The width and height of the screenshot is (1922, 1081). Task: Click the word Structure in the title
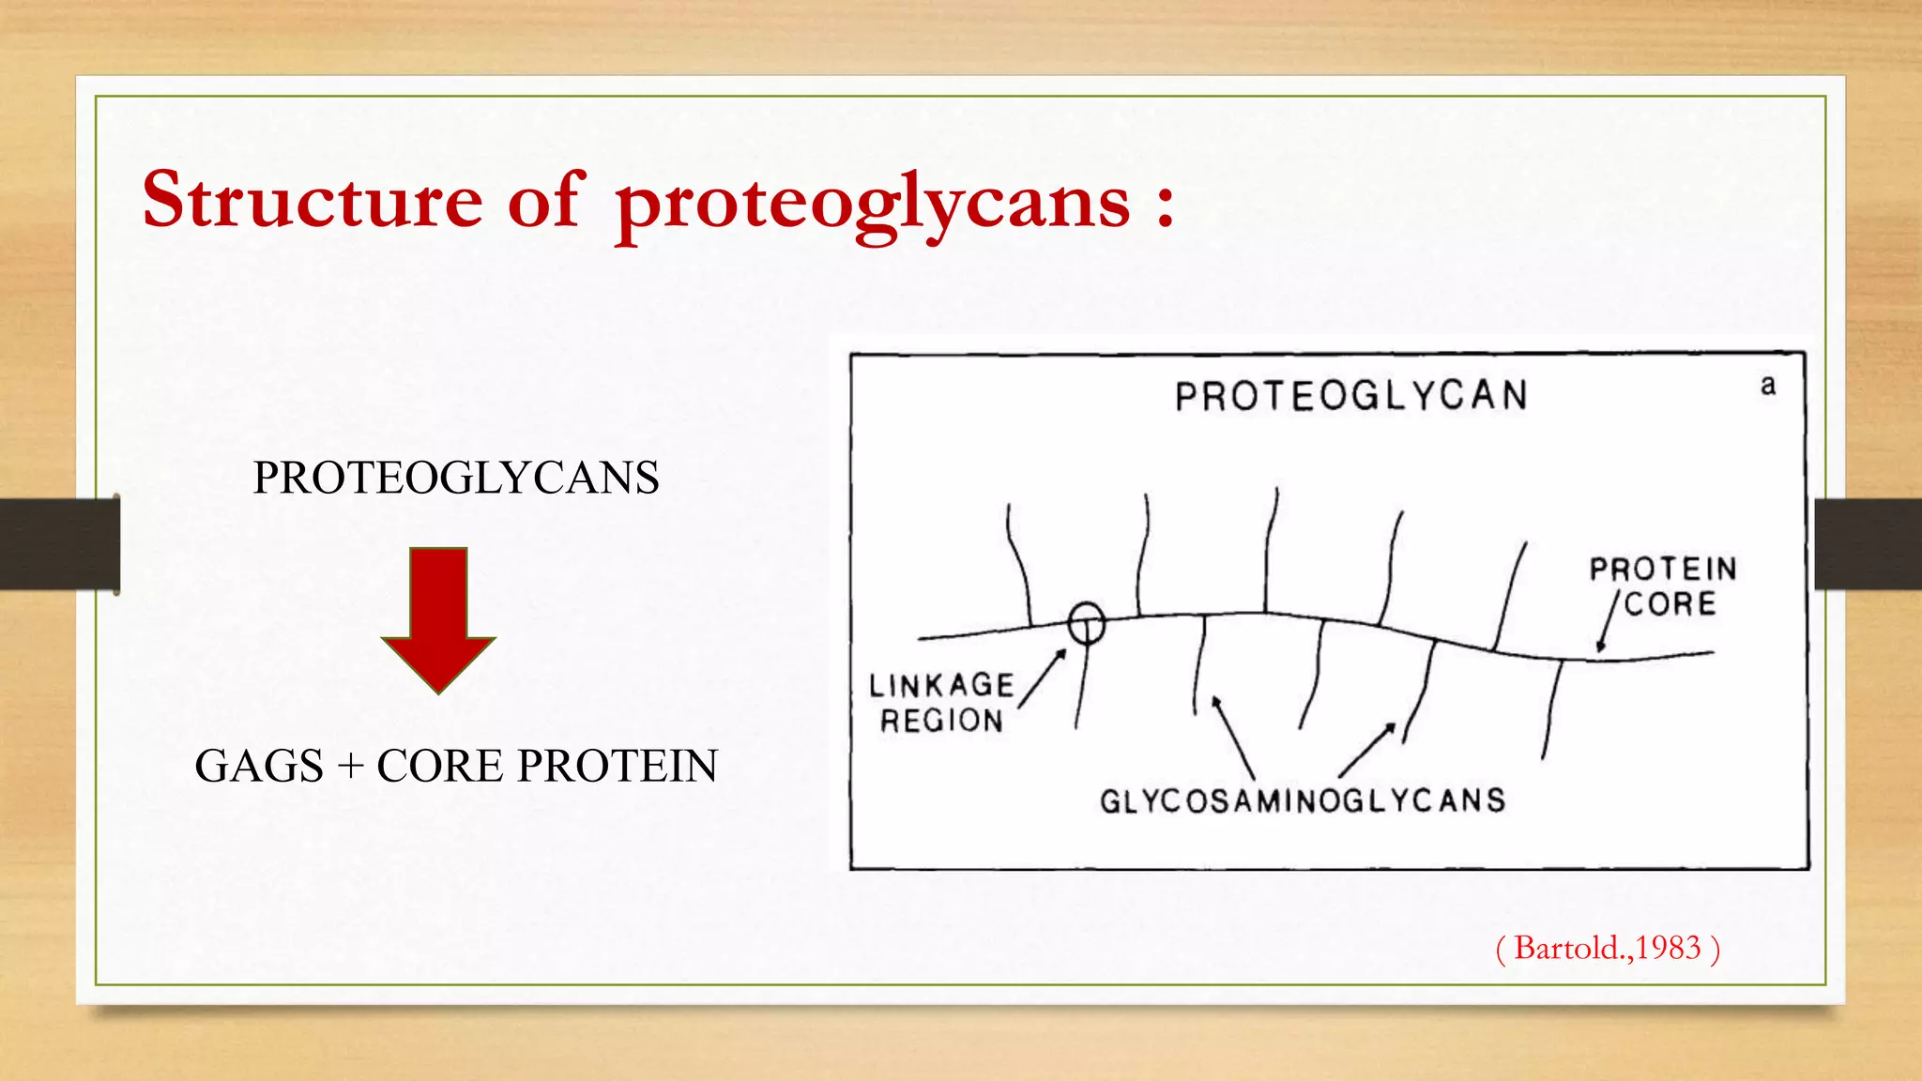click(312, 200)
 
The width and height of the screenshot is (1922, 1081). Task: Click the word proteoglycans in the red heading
click(873, 203)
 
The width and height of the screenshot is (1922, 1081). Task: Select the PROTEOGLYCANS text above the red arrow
click(456, 478)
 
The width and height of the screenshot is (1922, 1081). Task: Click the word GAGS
click(259, 766)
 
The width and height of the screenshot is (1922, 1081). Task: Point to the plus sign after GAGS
click(350, 767)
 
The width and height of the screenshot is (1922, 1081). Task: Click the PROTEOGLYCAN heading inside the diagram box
click(1351, 396)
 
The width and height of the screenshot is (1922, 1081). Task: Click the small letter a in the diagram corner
click(1768, 386)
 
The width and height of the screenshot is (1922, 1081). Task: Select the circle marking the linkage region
click(1087, 622)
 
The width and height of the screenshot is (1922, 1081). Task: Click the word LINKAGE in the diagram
click(941, 686)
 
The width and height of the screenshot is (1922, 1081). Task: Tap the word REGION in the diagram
click(941, 721)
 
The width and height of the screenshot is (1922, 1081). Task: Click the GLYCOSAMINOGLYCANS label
click(1303, 800)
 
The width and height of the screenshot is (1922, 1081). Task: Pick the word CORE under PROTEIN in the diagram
click(1670, 604)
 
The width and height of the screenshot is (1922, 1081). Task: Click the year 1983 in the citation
click(1669, 948)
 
